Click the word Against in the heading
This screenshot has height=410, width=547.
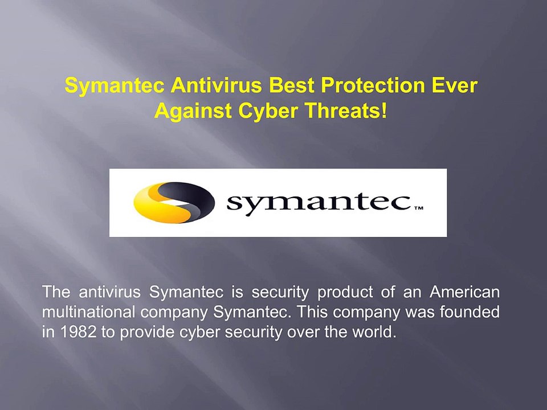[193, 111]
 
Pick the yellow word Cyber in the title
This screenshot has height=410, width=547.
[268, 111]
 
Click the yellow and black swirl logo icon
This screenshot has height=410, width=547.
[174, 203]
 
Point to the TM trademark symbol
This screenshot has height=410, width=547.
[419, 208]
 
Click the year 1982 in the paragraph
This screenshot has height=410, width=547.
[78, 332]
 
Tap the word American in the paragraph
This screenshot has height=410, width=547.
[465, 292]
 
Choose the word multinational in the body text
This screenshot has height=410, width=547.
[88, 311]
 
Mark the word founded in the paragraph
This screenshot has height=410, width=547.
[470, 311]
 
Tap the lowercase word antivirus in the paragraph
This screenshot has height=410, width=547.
[109, 292]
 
